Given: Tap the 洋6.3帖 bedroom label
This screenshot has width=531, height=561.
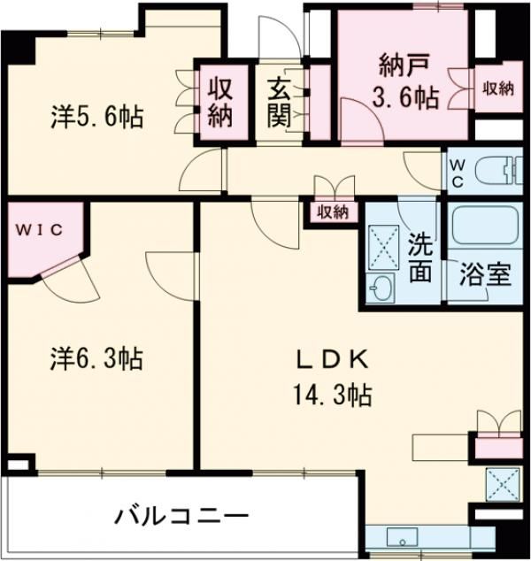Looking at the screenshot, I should coord(96,358).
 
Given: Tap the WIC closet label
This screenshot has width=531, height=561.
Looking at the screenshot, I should coord(37,230).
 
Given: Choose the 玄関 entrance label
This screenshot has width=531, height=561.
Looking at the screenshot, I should coord(279,103).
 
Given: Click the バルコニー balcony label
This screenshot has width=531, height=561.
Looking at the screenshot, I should coord(180,515).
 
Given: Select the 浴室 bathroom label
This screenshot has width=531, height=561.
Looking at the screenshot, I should coord(485,273).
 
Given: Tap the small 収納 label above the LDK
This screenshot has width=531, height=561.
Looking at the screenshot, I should coord(333,211).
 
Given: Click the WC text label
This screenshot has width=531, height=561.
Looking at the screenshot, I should coord(458,172).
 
